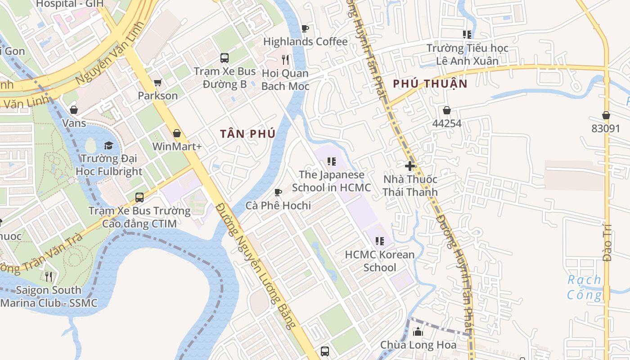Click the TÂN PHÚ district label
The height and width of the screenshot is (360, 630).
point(247,134)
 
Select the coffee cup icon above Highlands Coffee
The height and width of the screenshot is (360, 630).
point(305,28)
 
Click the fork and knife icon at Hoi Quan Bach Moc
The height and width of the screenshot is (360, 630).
point(285,59)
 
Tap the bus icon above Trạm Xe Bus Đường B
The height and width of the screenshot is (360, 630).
point(224,58)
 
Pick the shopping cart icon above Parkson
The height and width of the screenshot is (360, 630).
point(157,82)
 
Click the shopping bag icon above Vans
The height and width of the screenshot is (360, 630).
point(74,110)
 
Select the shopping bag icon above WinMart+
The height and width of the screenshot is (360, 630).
point(177,133)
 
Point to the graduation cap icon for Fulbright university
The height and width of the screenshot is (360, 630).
point(108,145)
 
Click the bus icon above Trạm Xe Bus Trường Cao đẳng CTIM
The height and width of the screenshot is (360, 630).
point(139,197)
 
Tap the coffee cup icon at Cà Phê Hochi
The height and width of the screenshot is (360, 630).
point(278,192)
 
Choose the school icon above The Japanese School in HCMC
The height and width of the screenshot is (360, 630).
point(332,161)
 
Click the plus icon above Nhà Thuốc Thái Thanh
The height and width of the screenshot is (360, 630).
point(410,166)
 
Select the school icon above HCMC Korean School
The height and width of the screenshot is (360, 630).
point(379,241)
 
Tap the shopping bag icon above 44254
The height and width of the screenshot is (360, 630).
point(447,110)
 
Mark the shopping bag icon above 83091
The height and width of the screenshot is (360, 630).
point(606,115)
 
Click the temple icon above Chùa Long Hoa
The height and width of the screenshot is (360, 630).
point(418,332)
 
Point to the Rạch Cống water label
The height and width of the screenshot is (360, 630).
point(584,288)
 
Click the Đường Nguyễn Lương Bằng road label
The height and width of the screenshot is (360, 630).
point(257,265)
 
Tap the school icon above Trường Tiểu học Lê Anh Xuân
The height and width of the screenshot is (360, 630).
point(467,34)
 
